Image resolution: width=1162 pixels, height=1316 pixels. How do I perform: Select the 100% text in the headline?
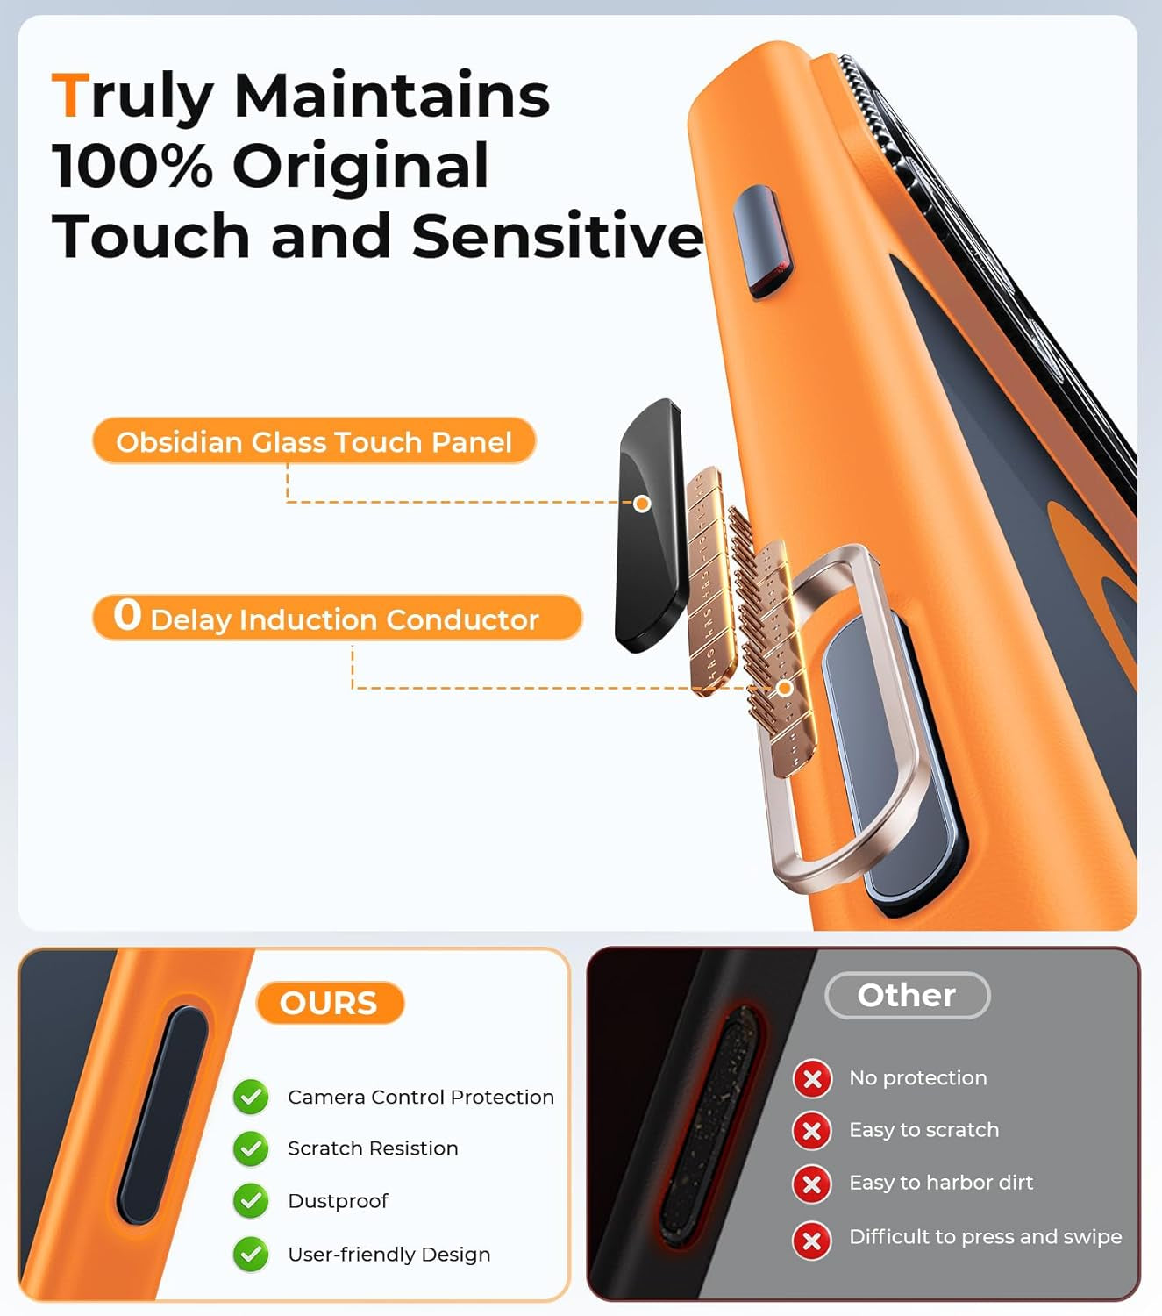coord(132,166)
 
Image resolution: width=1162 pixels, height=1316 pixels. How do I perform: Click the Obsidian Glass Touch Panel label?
coord(314,441)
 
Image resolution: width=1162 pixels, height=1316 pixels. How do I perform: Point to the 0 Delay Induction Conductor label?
coord(337,618)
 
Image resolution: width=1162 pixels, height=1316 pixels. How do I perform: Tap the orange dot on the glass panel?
coord(642,504)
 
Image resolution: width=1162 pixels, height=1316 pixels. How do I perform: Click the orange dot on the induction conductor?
coord(785,688)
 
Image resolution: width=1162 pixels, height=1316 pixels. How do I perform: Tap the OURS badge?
coord(329,1003)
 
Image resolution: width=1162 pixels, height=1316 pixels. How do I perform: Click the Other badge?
coord(907,995)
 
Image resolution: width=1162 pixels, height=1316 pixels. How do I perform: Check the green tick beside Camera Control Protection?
coord(251,1097)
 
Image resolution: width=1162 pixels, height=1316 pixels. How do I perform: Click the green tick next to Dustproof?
coord(251,1201)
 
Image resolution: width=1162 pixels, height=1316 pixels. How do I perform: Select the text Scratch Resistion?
coord(373,1148)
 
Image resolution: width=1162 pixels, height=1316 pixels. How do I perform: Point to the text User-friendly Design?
coord(389,1255)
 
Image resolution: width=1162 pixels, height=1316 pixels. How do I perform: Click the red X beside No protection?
coord(812,1078)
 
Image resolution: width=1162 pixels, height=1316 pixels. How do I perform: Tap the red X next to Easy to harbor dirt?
coord(812,1184)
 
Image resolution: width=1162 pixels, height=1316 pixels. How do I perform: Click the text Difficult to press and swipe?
coord(985,1236)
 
